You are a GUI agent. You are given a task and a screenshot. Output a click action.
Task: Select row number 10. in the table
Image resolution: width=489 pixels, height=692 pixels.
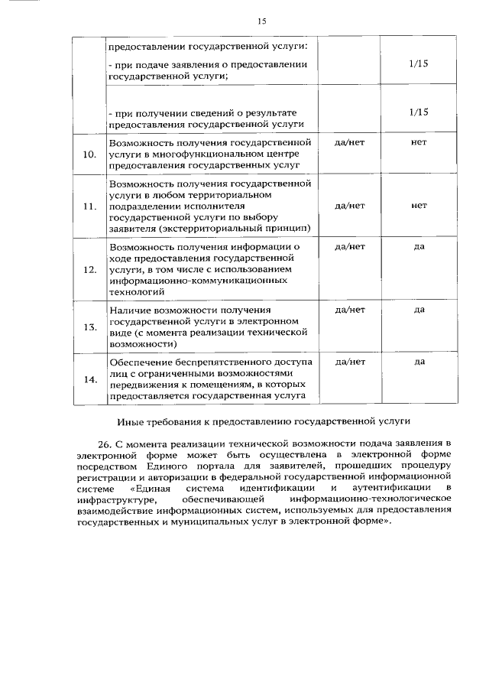coord(89,154)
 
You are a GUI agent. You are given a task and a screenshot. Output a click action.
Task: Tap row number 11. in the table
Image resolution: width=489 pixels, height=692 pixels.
coord(89,207)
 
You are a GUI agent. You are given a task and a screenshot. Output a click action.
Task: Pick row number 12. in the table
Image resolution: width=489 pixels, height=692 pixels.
coord(89,270)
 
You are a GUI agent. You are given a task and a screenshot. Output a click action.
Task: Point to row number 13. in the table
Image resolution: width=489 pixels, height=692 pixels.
coord(89,327)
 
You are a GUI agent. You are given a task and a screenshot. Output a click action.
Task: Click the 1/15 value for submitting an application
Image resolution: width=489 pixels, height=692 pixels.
coord(418,65)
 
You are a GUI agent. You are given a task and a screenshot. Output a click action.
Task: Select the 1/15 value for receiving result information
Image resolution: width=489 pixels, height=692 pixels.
coord(418,112)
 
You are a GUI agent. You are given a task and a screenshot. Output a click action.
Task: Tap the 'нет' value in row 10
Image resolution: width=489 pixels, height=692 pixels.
coord(418,142)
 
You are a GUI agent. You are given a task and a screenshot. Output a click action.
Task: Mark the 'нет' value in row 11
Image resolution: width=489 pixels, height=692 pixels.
coord(418,206)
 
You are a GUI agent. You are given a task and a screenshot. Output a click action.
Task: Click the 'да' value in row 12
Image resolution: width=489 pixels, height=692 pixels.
coord(419,246)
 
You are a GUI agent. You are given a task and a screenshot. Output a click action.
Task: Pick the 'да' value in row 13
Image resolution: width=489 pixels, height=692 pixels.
coord(419,310)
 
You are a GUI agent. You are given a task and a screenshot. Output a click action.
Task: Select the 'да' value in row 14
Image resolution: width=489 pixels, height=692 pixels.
coord(419,362)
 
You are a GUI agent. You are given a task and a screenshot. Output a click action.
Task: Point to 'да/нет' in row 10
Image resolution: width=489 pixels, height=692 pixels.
coord(350,142)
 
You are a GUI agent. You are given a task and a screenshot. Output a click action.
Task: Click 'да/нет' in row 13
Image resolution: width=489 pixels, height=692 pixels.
coord(350,310)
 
